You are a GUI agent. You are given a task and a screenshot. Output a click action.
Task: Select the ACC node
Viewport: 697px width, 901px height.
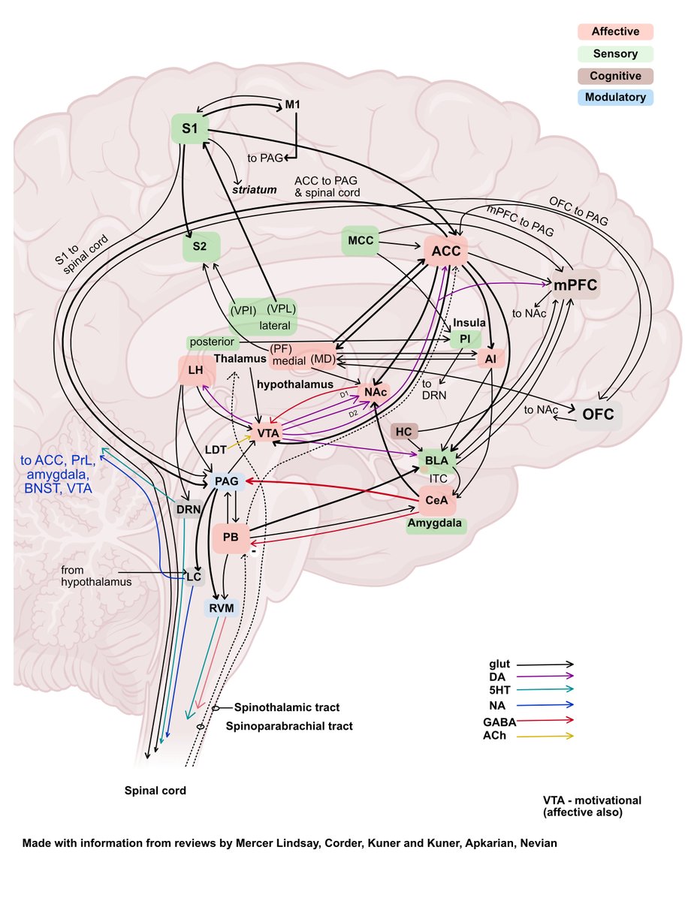(446, 251)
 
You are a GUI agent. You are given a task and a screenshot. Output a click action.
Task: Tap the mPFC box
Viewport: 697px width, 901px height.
(575, 285)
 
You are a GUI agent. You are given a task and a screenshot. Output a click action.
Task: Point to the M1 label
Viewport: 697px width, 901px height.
(293, 104)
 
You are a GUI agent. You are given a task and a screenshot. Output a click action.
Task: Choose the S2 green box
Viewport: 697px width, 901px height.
(201, 246)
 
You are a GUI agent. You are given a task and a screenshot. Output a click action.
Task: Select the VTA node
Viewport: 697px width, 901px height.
(268, 433)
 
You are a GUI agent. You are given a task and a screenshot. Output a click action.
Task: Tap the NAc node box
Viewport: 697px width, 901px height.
(376, 391)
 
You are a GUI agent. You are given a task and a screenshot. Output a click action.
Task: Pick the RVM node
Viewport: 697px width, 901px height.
(221, 607)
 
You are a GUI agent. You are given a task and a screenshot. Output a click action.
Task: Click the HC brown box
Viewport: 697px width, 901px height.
(403, 431)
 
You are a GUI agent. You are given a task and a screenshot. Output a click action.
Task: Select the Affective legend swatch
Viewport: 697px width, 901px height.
(615, 32)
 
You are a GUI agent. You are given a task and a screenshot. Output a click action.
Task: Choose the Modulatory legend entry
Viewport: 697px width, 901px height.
(615, 97)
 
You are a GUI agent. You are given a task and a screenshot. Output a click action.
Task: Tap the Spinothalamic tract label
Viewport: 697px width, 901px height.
(287, 707)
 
